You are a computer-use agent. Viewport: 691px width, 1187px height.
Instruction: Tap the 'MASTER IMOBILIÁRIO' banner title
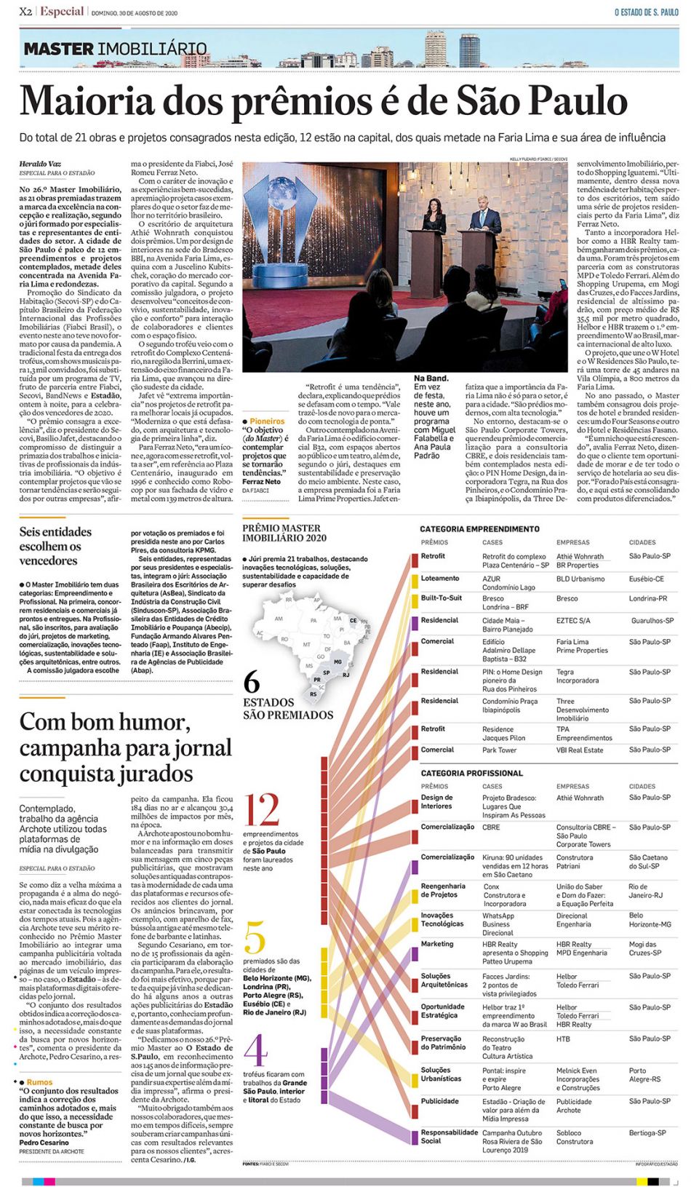115,49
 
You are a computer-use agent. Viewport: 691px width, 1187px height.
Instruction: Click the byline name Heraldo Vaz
40,164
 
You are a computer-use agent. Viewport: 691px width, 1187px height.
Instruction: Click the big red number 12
262,810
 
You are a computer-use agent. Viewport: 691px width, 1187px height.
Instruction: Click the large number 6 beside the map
252,681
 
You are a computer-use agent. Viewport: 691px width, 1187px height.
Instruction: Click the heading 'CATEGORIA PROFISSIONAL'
471,773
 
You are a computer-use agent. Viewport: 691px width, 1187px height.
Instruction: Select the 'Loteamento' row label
439,579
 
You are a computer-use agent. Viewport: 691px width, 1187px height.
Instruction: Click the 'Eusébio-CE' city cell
646,579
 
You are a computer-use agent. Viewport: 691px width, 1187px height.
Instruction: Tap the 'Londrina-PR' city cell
647,599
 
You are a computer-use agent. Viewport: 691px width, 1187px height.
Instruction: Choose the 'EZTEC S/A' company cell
573,621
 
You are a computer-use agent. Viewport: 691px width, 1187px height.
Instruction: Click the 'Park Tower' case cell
499,750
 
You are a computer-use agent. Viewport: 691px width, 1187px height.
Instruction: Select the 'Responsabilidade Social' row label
448,1136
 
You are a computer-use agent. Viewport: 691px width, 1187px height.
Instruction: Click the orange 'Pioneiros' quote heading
266,421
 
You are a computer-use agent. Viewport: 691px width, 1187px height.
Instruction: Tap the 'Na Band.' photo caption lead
431,378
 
